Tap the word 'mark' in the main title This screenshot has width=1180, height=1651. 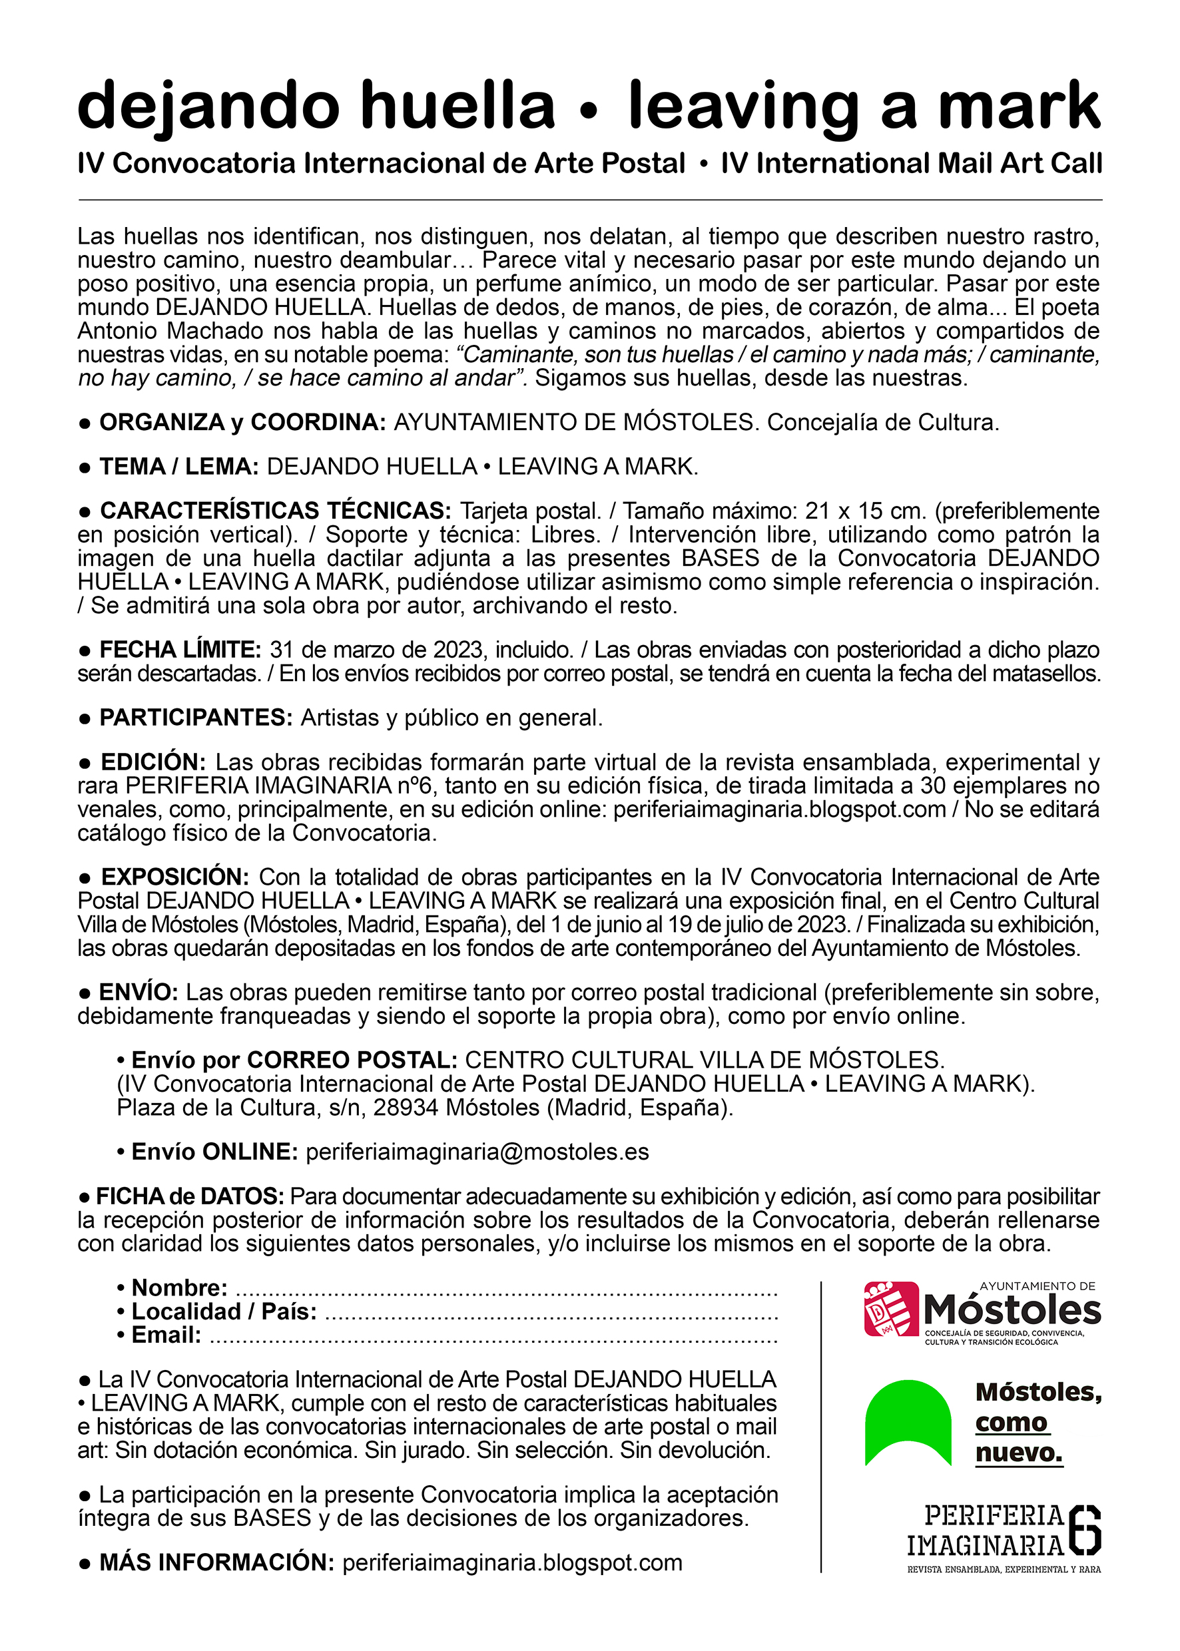point(1019,106)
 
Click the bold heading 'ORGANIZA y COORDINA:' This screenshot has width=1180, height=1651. point(242,422)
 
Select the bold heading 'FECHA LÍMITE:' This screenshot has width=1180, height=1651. point(180,649)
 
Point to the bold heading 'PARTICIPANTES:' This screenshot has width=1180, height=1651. point(196,718)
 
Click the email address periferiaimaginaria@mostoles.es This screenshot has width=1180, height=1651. point(477,1152)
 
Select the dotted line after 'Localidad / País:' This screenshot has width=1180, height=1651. point(551,1311)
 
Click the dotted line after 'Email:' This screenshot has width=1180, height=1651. point(497,1335)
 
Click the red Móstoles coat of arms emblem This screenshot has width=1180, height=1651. point(891,1309)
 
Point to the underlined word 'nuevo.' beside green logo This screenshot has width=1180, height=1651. point(1019,1453)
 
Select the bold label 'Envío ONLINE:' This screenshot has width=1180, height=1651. point(214,1152)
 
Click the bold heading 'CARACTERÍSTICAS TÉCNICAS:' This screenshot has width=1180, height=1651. point(276,511)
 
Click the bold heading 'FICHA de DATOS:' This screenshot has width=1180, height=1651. point(190,1196)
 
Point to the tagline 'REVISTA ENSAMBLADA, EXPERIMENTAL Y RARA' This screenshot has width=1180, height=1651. point(1004,1570)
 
